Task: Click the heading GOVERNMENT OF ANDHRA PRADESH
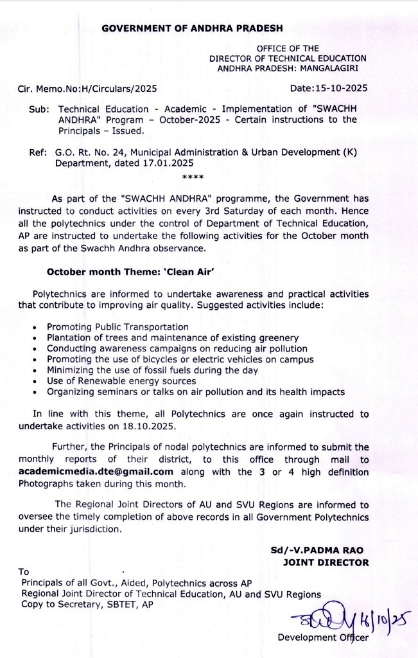192,29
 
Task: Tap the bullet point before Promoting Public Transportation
40,328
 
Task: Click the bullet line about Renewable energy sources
121,381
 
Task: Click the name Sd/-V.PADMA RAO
319,551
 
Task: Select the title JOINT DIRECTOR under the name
326,562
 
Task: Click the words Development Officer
323,637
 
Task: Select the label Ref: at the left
37,152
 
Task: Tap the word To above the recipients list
24,571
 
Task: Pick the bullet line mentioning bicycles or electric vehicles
180,360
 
